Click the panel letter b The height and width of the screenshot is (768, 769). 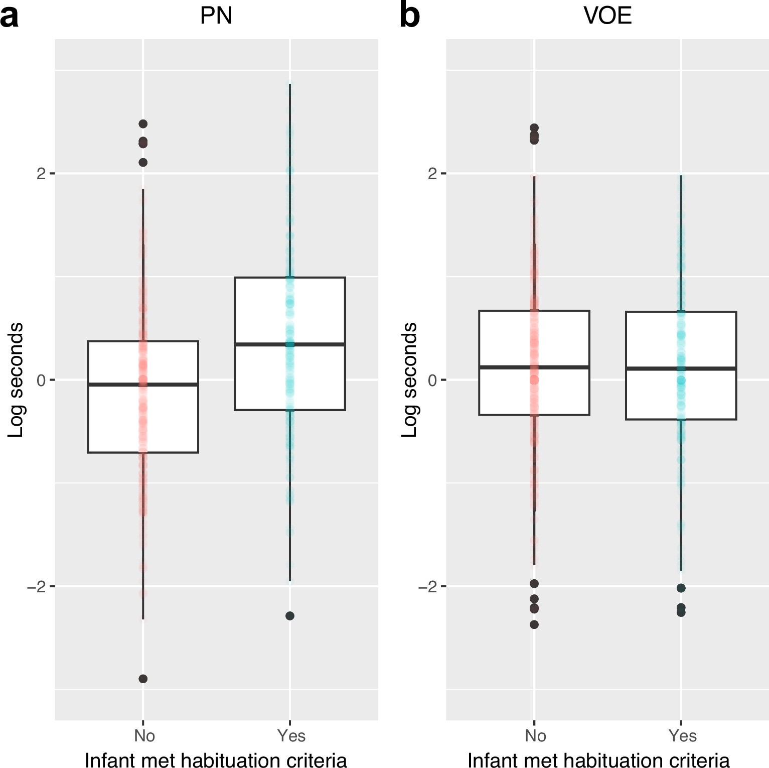[x=409, y=16]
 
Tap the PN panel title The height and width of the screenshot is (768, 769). [x=216, y=16]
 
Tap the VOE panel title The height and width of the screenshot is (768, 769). [x=607, y=16]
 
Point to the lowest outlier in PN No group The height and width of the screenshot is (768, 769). [x=143, y=679]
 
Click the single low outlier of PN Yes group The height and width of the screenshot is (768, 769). [x=290, y=616]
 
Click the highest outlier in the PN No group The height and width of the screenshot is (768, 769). [x=143, y=124]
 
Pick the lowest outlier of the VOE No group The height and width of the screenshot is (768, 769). [x=534, y=624]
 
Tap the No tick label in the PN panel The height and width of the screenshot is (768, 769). [x=144, y=735]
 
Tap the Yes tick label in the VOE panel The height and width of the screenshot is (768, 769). [x=682, y=735]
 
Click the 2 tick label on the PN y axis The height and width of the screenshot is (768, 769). [x=41, y=174]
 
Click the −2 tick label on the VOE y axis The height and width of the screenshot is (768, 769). [x=428, y=587]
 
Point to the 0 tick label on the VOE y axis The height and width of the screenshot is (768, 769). [x=432, y=380]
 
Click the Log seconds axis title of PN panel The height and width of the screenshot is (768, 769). [x=16, y=380]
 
